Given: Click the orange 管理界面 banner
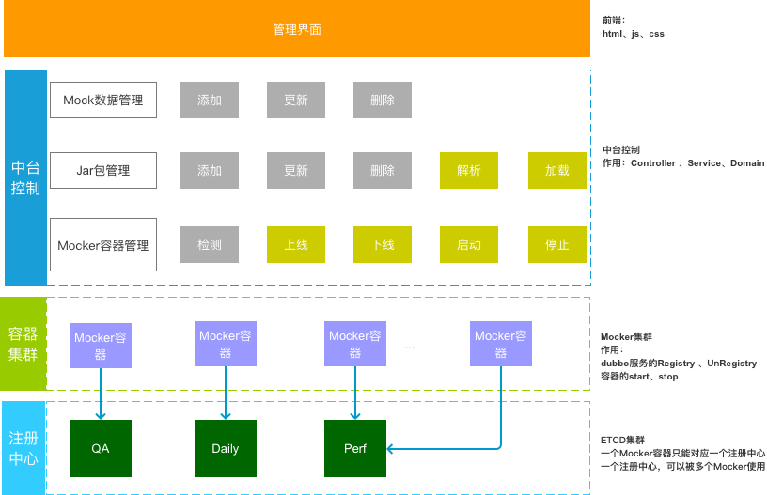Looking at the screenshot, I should click(297, 29).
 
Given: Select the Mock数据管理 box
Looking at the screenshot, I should click(102, 100).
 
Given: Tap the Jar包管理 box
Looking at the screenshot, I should click(102, 171).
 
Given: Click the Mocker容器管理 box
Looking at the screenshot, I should click(102, 245).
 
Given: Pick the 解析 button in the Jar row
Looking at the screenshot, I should click(469, 171).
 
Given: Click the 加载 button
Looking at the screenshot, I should click(556, 171).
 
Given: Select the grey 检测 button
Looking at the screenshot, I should click(210, 245).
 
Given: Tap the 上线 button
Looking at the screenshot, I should click(295, 245).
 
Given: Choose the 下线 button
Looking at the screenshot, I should click(383, 245).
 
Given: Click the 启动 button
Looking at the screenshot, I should click(469, 245).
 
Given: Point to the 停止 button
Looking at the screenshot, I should click(556, 245).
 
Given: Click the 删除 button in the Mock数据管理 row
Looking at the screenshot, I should click(383, 100).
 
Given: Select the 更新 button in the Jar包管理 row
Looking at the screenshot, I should click(295, 171).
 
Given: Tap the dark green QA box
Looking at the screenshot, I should click(101, 448).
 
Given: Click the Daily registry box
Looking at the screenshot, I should click(226, 448).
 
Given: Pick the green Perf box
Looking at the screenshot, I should click(355, 448).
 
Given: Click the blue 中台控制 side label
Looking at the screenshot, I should click(25, 177).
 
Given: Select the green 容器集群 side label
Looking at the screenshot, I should click(23, 344).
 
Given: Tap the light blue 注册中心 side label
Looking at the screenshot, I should click(23, 448).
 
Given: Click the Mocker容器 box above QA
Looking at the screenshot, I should click(101, 345).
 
